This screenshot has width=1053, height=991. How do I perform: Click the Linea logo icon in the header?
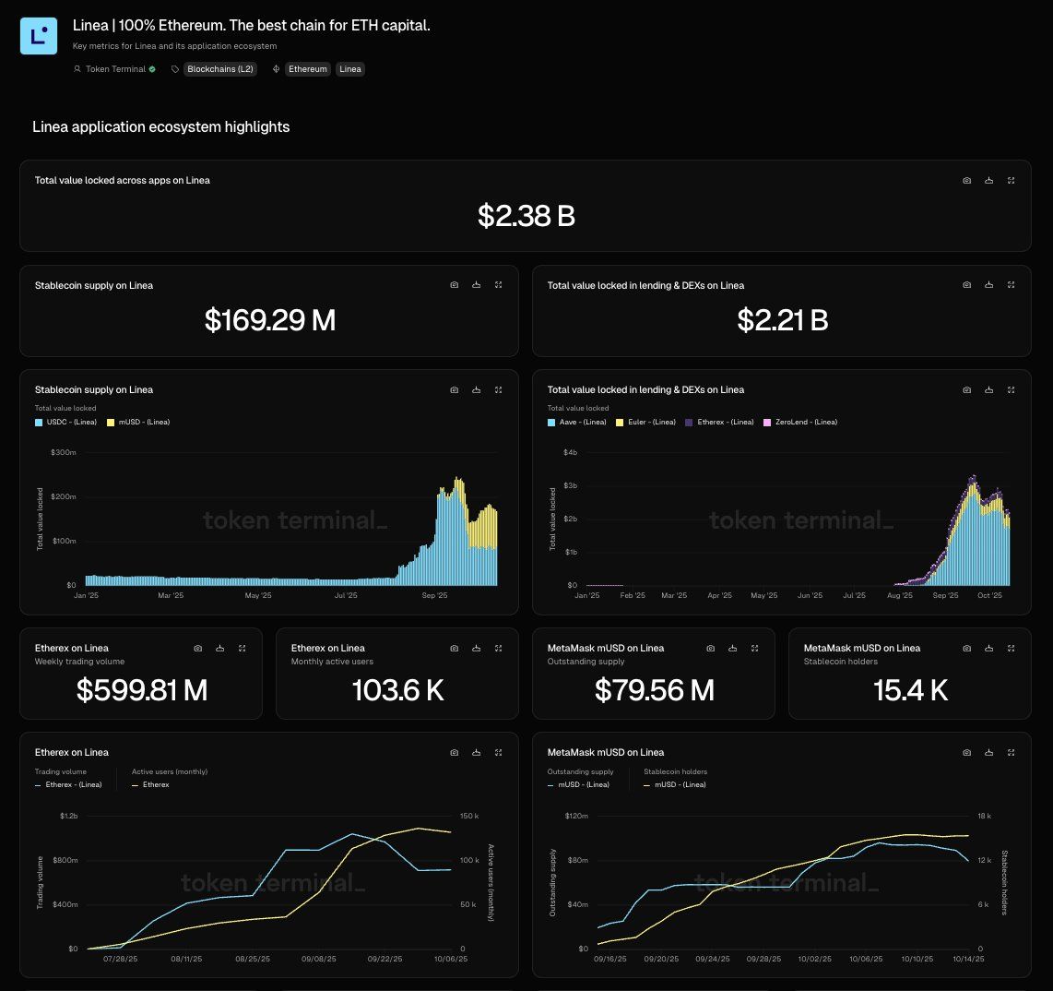tap(39, 36)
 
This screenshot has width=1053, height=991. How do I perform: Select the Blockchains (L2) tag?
tap(219, 69)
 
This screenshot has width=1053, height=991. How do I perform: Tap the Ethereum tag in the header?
tap(308, 69)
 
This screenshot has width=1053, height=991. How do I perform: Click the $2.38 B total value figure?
tap(526, 216)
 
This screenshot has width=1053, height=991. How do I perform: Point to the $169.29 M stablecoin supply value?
tap(269, 320)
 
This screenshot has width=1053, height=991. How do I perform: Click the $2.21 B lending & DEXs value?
tap(782, 320)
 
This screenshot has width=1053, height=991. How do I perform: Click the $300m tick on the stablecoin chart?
tap(64, 452)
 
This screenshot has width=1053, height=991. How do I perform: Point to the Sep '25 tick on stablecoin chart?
tap(434, 596)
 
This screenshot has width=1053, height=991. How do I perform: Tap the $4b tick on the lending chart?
tap(570, 452)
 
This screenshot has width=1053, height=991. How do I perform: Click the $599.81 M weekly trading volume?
tap(141, 690)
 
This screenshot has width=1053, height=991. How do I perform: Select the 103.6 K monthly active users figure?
tap(397, 690)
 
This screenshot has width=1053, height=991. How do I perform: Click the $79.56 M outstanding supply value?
tap(654, 690)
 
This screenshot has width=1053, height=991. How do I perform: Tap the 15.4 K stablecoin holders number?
tap(910, 690)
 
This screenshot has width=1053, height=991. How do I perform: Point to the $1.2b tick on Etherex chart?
tap(69, 817)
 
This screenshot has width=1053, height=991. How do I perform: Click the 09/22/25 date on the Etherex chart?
tap(385, 960)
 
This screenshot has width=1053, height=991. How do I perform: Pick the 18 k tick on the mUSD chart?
tap(984, 817)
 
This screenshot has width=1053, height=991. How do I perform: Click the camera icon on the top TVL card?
tap(966, 181)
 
